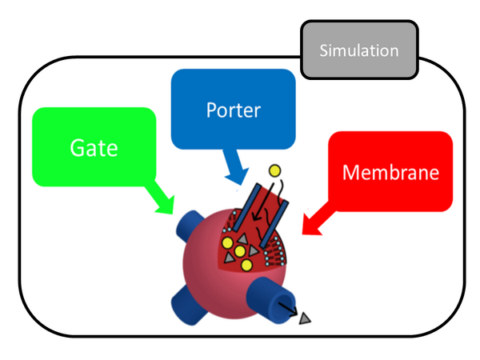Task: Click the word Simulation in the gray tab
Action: point(359,51)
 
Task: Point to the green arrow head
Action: point(164,205)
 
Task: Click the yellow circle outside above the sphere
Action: point(274,170)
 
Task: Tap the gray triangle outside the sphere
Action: point(305,319)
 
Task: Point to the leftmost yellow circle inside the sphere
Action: point(226,242)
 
